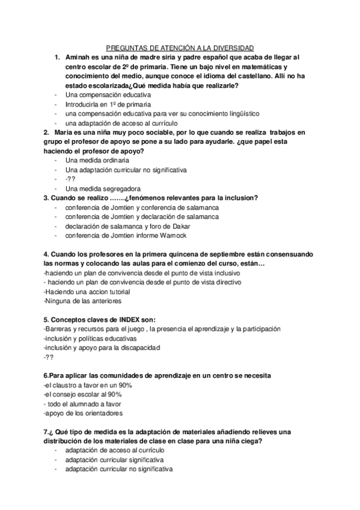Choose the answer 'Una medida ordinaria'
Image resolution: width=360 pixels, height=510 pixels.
coord(97,161)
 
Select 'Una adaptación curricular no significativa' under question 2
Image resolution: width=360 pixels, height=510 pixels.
coord(126,170)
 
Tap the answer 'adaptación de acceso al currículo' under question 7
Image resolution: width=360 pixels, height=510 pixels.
coord(113,450)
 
